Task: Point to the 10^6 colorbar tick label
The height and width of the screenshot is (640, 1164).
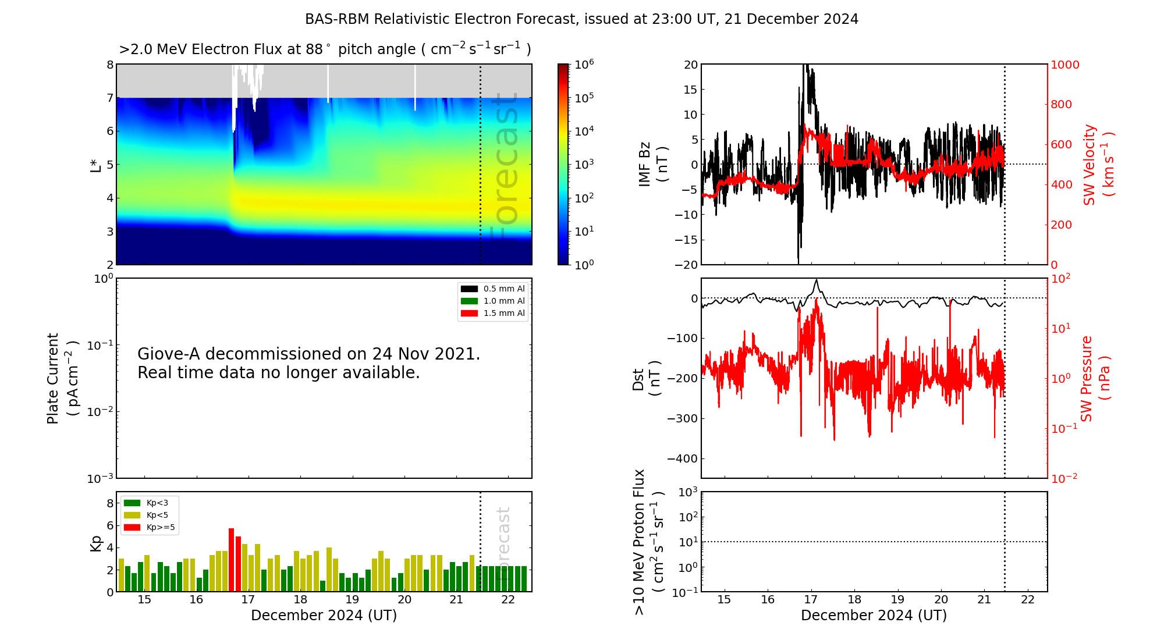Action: point(584,65)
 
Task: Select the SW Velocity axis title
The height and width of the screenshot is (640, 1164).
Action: point(1090,165)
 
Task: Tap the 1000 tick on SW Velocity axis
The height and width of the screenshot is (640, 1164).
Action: point(1064,65)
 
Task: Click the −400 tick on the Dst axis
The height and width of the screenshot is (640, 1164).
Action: point(682,459)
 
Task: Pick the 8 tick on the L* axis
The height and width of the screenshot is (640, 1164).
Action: point(110,65)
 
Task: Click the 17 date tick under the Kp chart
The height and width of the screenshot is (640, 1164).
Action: point(248,600)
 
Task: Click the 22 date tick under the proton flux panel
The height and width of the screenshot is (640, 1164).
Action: point(1028,600)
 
